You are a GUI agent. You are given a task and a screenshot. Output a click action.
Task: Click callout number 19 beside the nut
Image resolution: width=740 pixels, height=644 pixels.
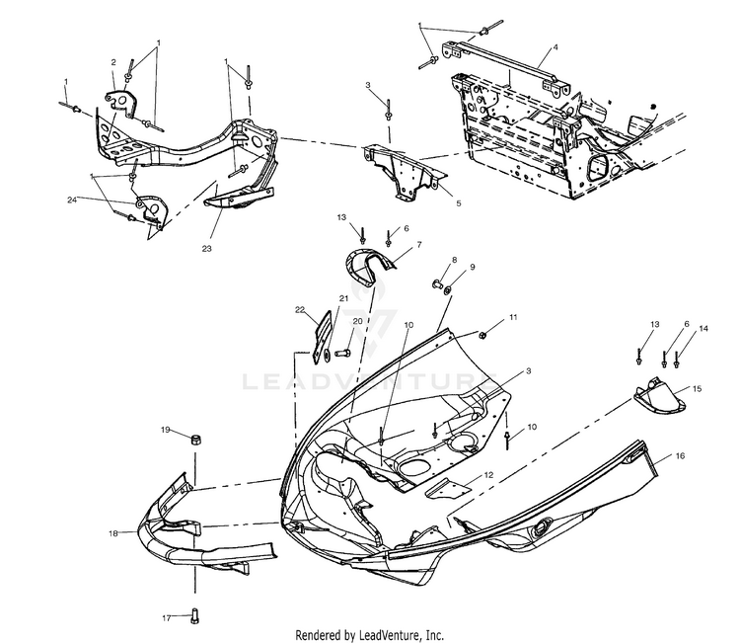click(x=167, y=431)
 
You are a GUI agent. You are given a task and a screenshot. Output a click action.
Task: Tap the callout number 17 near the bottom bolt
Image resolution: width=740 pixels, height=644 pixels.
click(x=166, y=618)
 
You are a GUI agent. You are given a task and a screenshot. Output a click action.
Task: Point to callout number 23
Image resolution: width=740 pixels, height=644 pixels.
click(x=206, y=249)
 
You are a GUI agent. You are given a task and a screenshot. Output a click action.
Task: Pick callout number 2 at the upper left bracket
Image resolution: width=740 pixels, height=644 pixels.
click(x=113, y=61)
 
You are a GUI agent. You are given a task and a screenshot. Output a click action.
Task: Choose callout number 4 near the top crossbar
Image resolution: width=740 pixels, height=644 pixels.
click(x=555, y=46)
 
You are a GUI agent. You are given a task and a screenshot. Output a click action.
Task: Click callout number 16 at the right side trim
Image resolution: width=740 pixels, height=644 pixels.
click(x=680, y=456)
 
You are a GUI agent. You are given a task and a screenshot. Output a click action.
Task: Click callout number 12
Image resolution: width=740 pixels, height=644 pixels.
click(x=488, y=476)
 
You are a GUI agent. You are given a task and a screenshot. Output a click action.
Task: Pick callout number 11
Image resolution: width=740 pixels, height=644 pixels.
click(x=512, y=318)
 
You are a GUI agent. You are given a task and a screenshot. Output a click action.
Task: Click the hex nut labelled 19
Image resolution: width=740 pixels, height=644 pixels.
click(x=195, y=438)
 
